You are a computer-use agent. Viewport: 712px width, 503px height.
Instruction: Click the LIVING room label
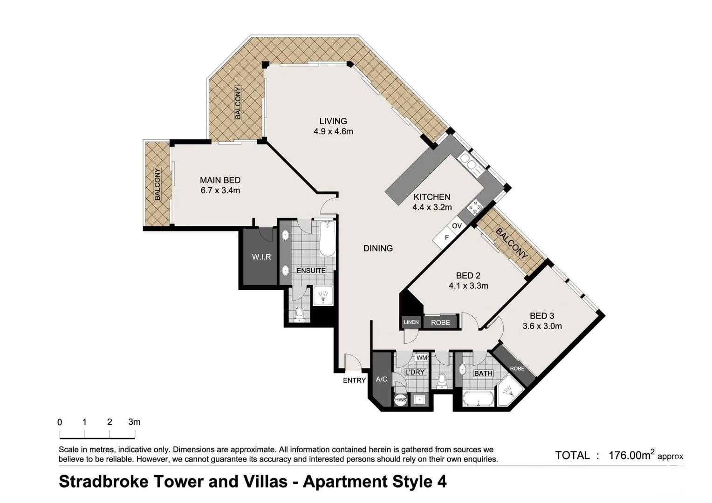click(333, 121)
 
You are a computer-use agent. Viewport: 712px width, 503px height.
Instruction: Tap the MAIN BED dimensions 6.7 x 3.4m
click(220, 190)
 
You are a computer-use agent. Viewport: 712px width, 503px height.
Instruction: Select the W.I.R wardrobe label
click(261, 257)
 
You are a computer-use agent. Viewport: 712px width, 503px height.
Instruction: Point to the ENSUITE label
click(311, 271)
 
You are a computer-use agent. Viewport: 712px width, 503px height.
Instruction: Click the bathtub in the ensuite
click(327, 238)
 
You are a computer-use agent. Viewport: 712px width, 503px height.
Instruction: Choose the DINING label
click(378, 248)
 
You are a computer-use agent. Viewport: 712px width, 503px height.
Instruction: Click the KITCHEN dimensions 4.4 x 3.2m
click(432, 207)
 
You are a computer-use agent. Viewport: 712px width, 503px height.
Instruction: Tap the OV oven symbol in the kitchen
click(457, 226)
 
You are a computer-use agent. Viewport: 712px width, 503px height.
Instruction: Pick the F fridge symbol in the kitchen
click(446, 238)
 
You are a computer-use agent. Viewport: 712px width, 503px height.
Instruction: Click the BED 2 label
click(468, 276)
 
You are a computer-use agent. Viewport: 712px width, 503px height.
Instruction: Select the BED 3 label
click(542, 316)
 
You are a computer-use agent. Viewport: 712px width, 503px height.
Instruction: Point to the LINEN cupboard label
click(411, 322)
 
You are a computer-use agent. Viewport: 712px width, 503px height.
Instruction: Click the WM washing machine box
click(421, 358)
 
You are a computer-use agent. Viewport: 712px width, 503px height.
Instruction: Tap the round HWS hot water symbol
click(400, 400)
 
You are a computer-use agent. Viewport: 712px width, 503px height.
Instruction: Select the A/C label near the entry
click(381, 379)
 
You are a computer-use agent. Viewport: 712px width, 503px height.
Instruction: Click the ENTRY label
click(354, 381)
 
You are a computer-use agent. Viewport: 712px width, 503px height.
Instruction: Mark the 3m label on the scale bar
click(134, 422)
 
